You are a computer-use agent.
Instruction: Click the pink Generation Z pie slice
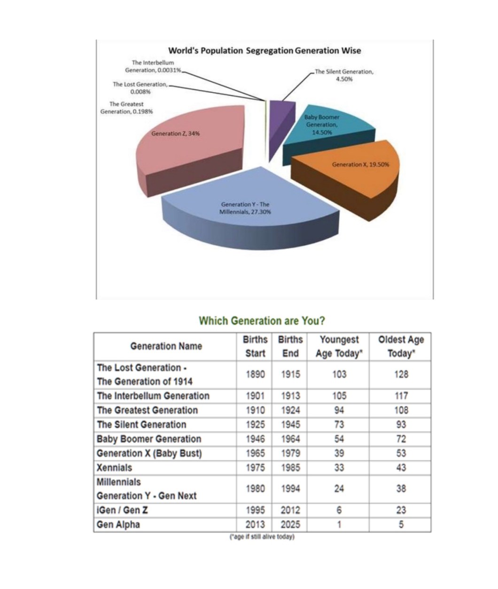pyautogui.click(x=188, y=146)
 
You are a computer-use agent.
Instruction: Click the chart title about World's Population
pyautogui.click(x=265, y=50)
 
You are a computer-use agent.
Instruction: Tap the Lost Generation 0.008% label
pyautogui.click(x=140, y=87)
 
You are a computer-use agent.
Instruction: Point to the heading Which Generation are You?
pyautogui.click(x=262, y=321)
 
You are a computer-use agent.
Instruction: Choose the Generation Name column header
pyautogui.click(x=166, y=346)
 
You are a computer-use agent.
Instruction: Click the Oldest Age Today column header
pyautogui.click(x=401, y=346)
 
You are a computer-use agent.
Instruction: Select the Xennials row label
pyautogui.click(x=114, y=468)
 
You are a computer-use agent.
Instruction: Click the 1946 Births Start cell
pyautogui.click(x=255, y=439)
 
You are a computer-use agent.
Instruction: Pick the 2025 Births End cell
pyautogui.click(x=290, y=525)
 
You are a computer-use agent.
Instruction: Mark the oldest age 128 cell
pyautogui.click(x=401, y=374)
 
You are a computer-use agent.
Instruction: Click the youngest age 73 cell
pyautogui.click(x=339, y=425)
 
